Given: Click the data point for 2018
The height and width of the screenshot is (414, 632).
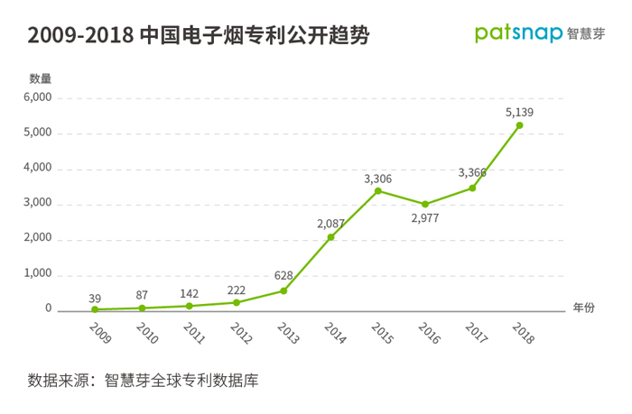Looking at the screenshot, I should (519, 125).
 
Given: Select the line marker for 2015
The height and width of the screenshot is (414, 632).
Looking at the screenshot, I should (377, 190).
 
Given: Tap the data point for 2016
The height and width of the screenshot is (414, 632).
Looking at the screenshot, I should (425, 204).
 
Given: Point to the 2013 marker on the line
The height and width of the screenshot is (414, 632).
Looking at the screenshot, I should (283, 290).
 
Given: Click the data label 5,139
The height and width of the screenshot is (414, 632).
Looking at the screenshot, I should (520, 112).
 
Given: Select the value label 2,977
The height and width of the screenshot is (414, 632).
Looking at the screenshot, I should (425, 218).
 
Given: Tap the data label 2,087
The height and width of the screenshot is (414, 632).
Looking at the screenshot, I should (331, 223).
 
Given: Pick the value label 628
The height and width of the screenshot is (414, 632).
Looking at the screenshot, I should (283, 275).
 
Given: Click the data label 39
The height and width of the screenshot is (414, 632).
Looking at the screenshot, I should (95, 297).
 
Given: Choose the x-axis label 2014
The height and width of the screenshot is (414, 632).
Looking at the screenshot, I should (335, 332).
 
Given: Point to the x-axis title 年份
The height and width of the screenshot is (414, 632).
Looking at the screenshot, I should (584, 308).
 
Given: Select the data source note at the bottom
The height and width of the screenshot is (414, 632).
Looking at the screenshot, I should (144, 380).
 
